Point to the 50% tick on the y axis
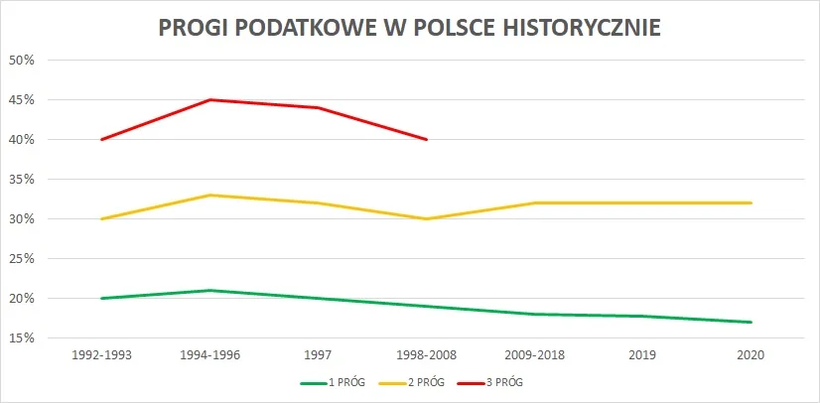(22, 60)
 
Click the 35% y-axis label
(22, 179)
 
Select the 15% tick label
(22, 337)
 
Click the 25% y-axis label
(22, 258)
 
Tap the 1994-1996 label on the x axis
(209, 354)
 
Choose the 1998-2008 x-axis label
(427, 354)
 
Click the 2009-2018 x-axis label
(535, 354)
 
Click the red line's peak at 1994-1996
(209, 99)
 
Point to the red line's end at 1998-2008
(427, 139)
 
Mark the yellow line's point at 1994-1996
(209, 195)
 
